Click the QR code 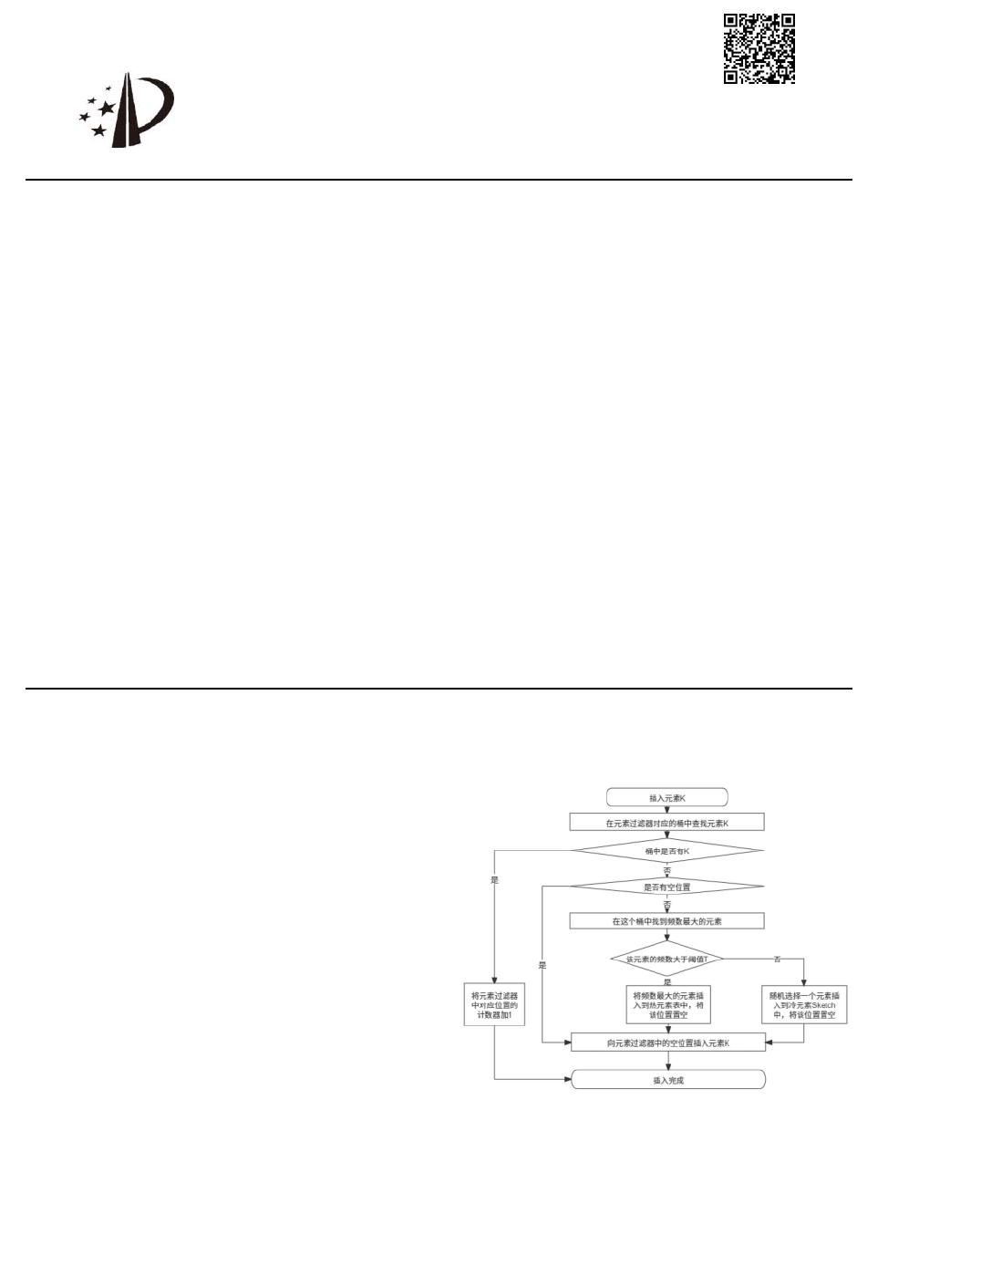click(759, 48)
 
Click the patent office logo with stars click(126, 110)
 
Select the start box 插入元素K click(667, 797)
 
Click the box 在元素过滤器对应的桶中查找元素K click(667, 823)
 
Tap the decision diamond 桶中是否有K click(667, 851)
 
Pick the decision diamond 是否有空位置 click(667, 887)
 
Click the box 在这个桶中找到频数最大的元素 click(667, 921)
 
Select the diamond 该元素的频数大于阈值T click(667, 959)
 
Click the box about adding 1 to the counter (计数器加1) click(495, 1004)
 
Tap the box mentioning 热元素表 click(669, 1004)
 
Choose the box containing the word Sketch click(804, 1004)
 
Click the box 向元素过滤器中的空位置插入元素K click(668, 1043)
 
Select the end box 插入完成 click(668, 1080)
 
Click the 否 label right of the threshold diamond click(777, 959)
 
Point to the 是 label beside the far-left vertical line click(495, 880)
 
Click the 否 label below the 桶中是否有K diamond click(667, 870)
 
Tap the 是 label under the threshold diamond click(667, 981)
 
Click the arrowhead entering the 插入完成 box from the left click(567, 1080)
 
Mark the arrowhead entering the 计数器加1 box click(495, 979)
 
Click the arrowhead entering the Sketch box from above click(804, 981)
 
